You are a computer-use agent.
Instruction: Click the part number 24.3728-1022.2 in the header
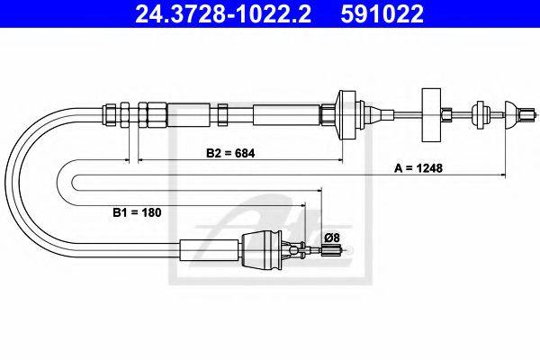(x=223, y=13)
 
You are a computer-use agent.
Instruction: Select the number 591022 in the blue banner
(x=382, y=13)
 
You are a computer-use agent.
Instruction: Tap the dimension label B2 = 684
(x=230, y=153)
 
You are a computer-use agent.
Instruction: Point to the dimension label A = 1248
(x=418, y=168)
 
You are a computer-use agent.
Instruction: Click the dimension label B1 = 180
(x=137, y=212)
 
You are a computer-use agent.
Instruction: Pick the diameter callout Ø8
(x=332, y=238)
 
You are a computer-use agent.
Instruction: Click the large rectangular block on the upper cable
(x=431, y=114)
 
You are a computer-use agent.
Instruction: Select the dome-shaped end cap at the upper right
(x=510, y=114)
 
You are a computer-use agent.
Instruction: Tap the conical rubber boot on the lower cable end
(x=262, y=250)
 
